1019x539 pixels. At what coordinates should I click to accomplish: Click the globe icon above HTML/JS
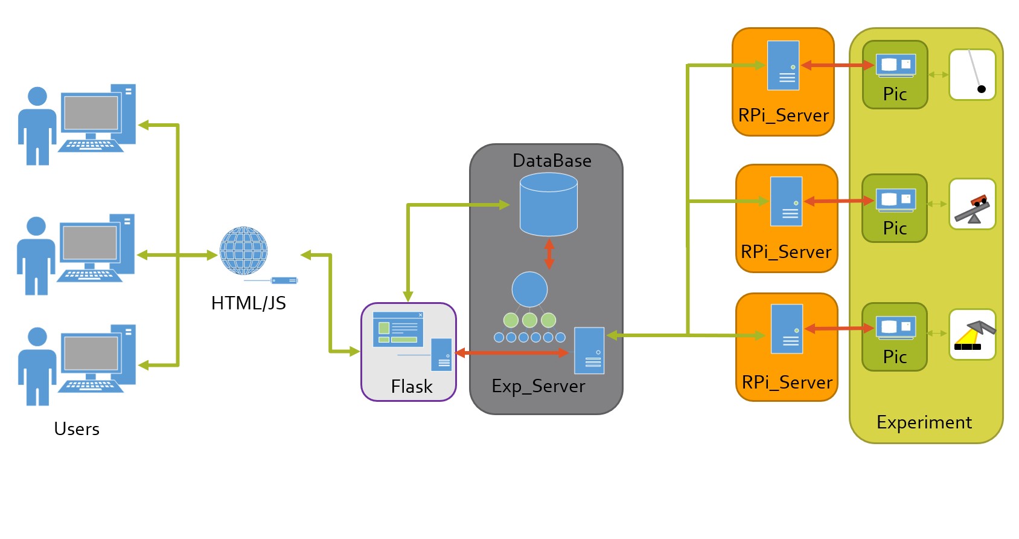(243, 250)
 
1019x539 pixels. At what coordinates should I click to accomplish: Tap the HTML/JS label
(248, 303)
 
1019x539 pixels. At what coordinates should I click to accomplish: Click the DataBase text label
(552, 161)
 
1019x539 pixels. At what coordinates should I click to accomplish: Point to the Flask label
(412, 387)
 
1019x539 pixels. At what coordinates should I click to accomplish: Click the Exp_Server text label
(538, 387)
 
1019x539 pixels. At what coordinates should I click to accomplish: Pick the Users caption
(77, 429)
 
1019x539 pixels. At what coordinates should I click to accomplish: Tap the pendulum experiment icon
(972, 75)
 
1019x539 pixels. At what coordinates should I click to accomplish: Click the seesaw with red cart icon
(972, 204)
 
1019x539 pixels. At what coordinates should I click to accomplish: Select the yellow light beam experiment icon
(972, 335)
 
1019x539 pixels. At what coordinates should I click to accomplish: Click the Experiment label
(924, 423)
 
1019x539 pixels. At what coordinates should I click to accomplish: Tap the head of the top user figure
(37, 97)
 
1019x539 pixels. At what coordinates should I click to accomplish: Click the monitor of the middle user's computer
(90, 243)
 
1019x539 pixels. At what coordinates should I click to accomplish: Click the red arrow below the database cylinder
(549, 254)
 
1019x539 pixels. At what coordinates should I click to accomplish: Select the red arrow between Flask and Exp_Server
(512, 352)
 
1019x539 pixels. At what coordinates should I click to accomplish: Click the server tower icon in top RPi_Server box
(783, 65)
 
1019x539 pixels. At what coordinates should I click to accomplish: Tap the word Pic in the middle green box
(895, 228)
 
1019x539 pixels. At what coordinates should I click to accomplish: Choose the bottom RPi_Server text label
(787, 383)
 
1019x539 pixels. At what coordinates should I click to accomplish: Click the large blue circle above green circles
(529, 289)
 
